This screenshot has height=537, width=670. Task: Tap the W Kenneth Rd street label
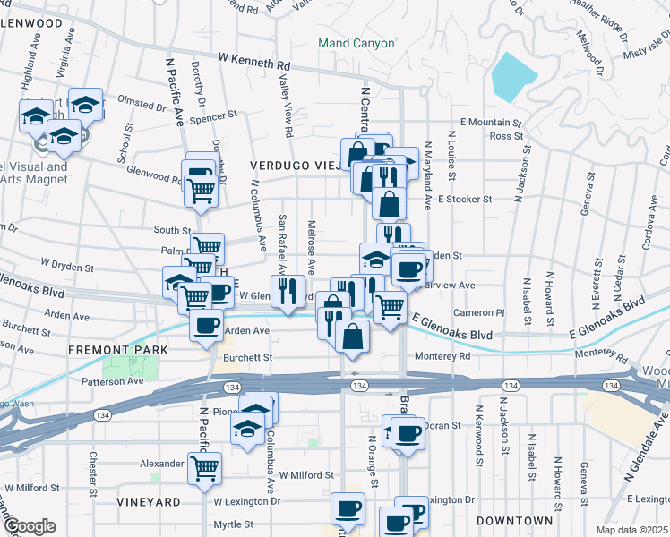pos(254,63)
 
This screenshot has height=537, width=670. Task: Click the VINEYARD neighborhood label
pos(148,503)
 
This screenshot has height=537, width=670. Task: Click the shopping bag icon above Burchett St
pos(354,337)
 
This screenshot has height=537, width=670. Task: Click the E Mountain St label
pos(490,122)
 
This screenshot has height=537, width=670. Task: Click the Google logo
pos(30,526)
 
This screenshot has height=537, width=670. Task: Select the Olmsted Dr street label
pos(143,106)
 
